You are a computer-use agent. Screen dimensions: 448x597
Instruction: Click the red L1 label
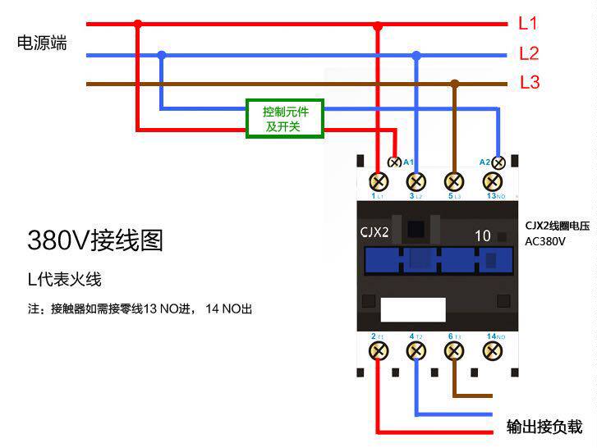(x=528, y=24)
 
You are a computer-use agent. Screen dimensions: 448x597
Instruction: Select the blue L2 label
(x=529, y=54)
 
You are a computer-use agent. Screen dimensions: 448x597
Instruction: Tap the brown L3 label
(x=530, y=83)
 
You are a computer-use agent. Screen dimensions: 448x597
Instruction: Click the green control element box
(x=285, y=119)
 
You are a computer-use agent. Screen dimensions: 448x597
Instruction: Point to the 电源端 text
(x=42, y=43)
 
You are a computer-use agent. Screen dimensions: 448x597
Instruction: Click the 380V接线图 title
(x=95, y=240)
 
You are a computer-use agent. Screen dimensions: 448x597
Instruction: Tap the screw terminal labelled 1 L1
(x=379, y=181)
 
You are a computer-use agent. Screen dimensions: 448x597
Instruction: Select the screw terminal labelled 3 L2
(x=416, y=181)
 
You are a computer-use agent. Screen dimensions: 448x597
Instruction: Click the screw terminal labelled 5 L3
(x=454, y=181)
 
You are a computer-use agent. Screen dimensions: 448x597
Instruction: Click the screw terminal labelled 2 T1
(x=379, y=351)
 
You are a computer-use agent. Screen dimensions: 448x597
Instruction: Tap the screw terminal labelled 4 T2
(x=416, y=351)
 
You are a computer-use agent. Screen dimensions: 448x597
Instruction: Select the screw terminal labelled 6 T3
(x=454, y=351)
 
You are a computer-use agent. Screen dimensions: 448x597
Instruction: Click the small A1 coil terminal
(x=394, y=162)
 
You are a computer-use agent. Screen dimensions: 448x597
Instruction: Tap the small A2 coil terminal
(x=497, y=162)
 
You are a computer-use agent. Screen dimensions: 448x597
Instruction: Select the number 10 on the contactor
(x=483, y=236)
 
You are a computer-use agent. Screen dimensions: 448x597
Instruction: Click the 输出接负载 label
(x=544, y=427)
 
